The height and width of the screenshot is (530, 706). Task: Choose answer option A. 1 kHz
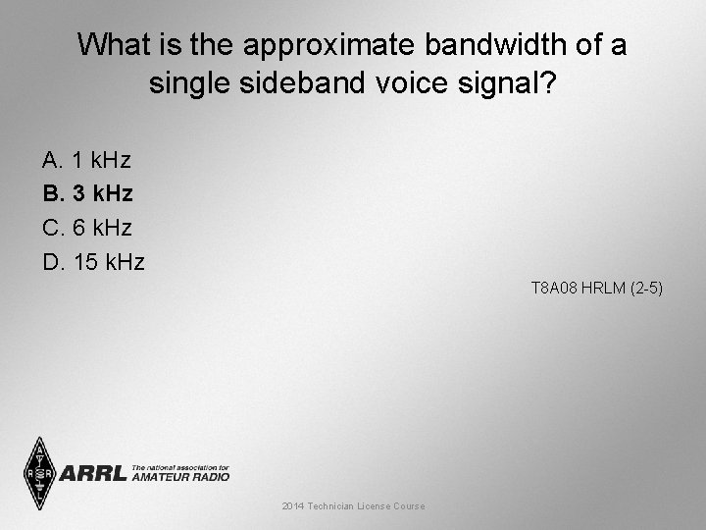[86, 159]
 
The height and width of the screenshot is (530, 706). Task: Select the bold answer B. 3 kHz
[87, 193]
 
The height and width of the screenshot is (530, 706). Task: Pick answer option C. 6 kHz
[87, 228]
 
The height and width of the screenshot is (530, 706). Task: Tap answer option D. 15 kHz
[93, 262]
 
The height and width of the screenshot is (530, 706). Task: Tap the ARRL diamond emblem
[39, 472]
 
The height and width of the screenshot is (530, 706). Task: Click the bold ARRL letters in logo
[93, 474]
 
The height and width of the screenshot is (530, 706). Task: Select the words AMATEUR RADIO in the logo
[180, 477]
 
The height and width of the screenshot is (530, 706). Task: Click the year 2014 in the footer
[292, 505]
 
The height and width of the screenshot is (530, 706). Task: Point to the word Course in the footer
[408, 505]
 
